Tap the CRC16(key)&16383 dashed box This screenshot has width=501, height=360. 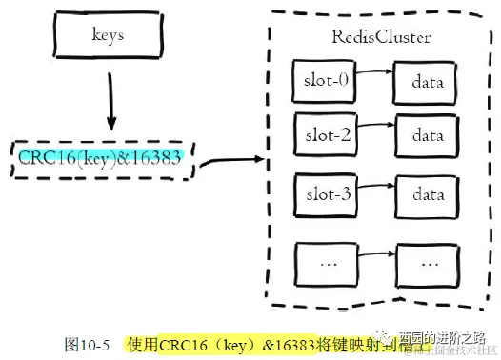pyautogui.click(x=106, y=158)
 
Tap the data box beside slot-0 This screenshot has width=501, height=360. pyautogui.click(x=428, y=81)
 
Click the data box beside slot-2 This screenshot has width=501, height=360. pyautogui.click(x=428, y=137)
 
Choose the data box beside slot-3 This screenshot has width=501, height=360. pyautogui.click(x=428, y=194)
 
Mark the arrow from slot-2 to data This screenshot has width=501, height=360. pyautogui.click(x=375, y=129)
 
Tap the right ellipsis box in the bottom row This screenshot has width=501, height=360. pyautogui.click(x=428, y=259)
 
